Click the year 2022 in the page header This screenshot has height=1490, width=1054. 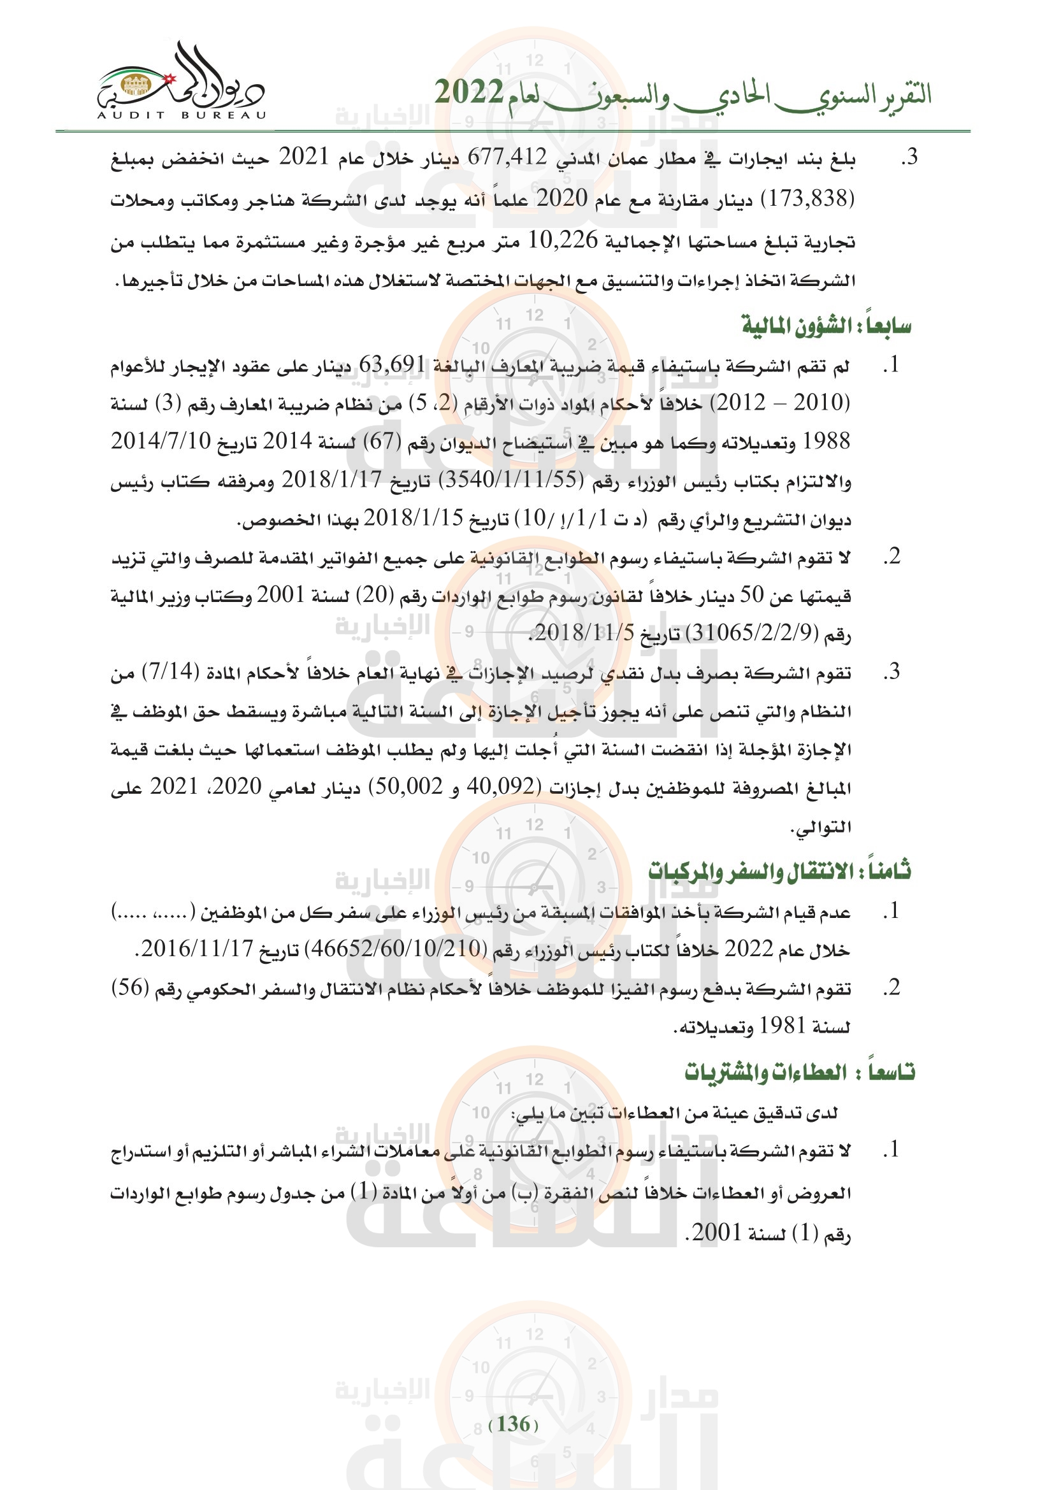pyautogui.click(x=468, y=93)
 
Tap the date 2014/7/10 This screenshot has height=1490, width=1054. pyautogui.click(x=161, y=441)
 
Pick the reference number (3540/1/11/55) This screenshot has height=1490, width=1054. pyautogui.click(x=512, y=480)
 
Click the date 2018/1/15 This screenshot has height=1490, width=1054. pyautogui.click(x=413, y=518)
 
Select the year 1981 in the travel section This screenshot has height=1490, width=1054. pyautogui.click(x=782, y=1026)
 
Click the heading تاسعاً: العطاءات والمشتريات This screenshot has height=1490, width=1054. pyautogui.click(x=800, y=1072)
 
